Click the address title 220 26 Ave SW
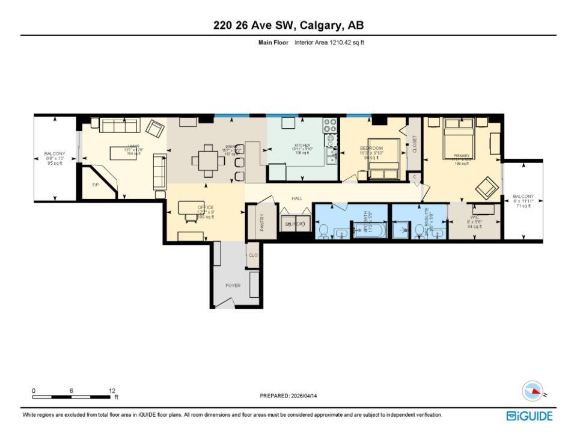tap(288, 25)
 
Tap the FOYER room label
tap(233, 286)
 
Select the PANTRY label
tap(262, 223)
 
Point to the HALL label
tap(297, 198)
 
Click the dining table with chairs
tap(207, 161)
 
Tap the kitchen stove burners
tap(331, 126)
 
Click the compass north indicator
tap(533, 391)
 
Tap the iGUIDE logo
tap(530, 416)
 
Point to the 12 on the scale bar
tap(112, 390)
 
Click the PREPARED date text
tap(288, 396)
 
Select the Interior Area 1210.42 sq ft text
tap(329, 43)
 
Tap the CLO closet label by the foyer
tap(253, 255)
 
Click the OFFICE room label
tap(206, 207)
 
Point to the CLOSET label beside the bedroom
tap(414, 144)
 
